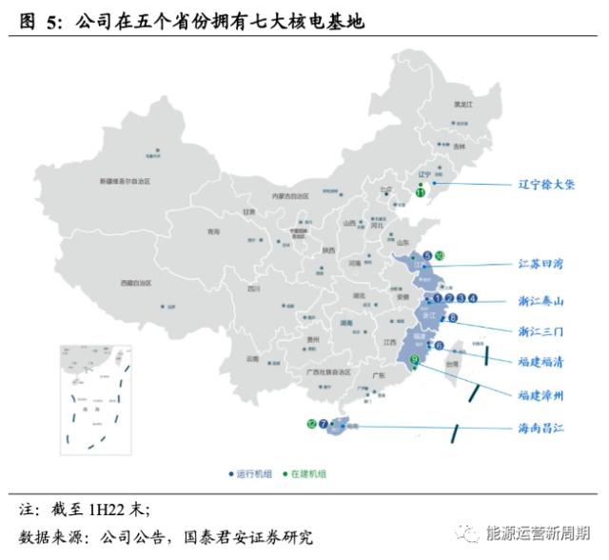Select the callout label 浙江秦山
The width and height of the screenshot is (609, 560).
(540, 301)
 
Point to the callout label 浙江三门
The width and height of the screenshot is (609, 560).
(540, 331)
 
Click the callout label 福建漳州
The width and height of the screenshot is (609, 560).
(540, 393)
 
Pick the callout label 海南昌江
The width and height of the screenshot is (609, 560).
(540, 428)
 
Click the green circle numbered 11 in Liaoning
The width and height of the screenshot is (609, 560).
(421, 192)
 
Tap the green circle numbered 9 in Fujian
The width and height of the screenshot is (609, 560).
(415, 360)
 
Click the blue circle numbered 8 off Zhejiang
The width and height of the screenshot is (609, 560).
(453, 318)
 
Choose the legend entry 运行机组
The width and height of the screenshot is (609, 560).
(252, 473)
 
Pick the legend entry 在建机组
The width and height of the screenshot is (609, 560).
(305, 473)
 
